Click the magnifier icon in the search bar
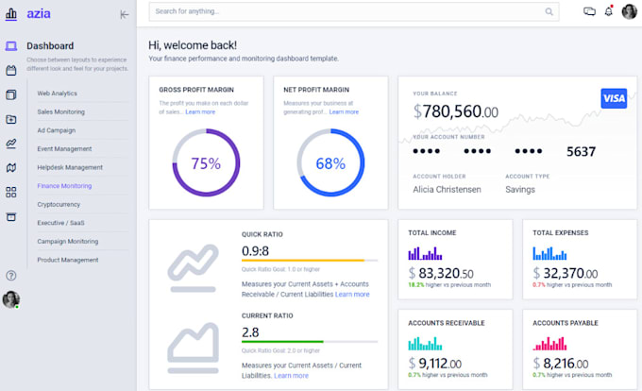click(549, 12)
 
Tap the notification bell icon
click(609, 11)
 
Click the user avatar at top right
click(629, 12)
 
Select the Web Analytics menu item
click(58, 93)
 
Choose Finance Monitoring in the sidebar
click(65, 186)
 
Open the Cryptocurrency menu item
click(59, 204)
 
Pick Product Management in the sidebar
click(68, 260)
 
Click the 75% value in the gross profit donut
click(206, 163)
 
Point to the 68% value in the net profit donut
click(330, 163)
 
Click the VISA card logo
click(614, 99)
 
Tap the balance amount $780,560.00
click(456, 112)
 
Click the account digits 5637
click(581, 152)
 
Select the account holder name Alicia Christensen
click(447, 189)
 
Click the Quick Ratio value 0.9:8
click(256, 250)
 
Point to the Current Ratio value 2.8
click(250, 331)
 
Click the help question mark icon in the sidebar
click(11, 276)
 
